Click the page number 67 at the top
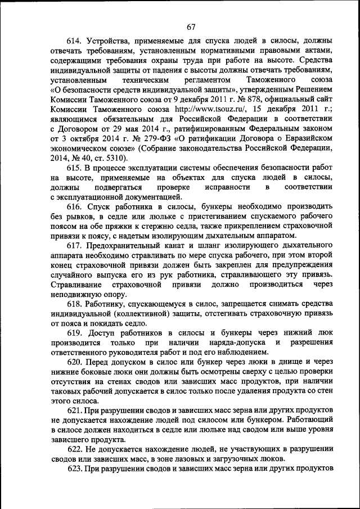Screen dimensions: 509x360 tap(191, 26)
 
